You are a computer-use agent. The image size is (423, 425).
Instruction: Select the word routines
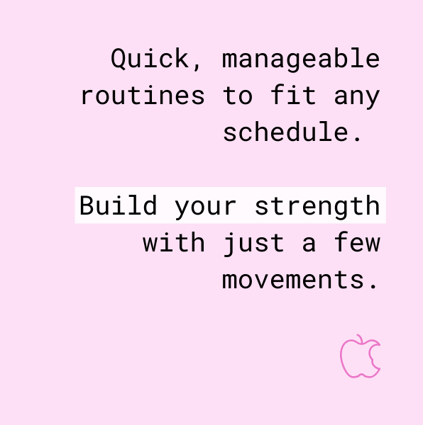142,96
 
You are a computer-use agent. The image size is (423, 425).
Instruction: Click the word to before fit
238,96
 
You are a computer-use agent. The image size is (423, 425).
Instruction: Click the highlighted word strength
317,206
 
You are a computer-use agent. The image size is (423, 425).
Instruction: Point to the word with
174,243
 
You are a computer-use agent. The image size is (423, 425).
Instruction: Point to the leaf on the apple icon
361,339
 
